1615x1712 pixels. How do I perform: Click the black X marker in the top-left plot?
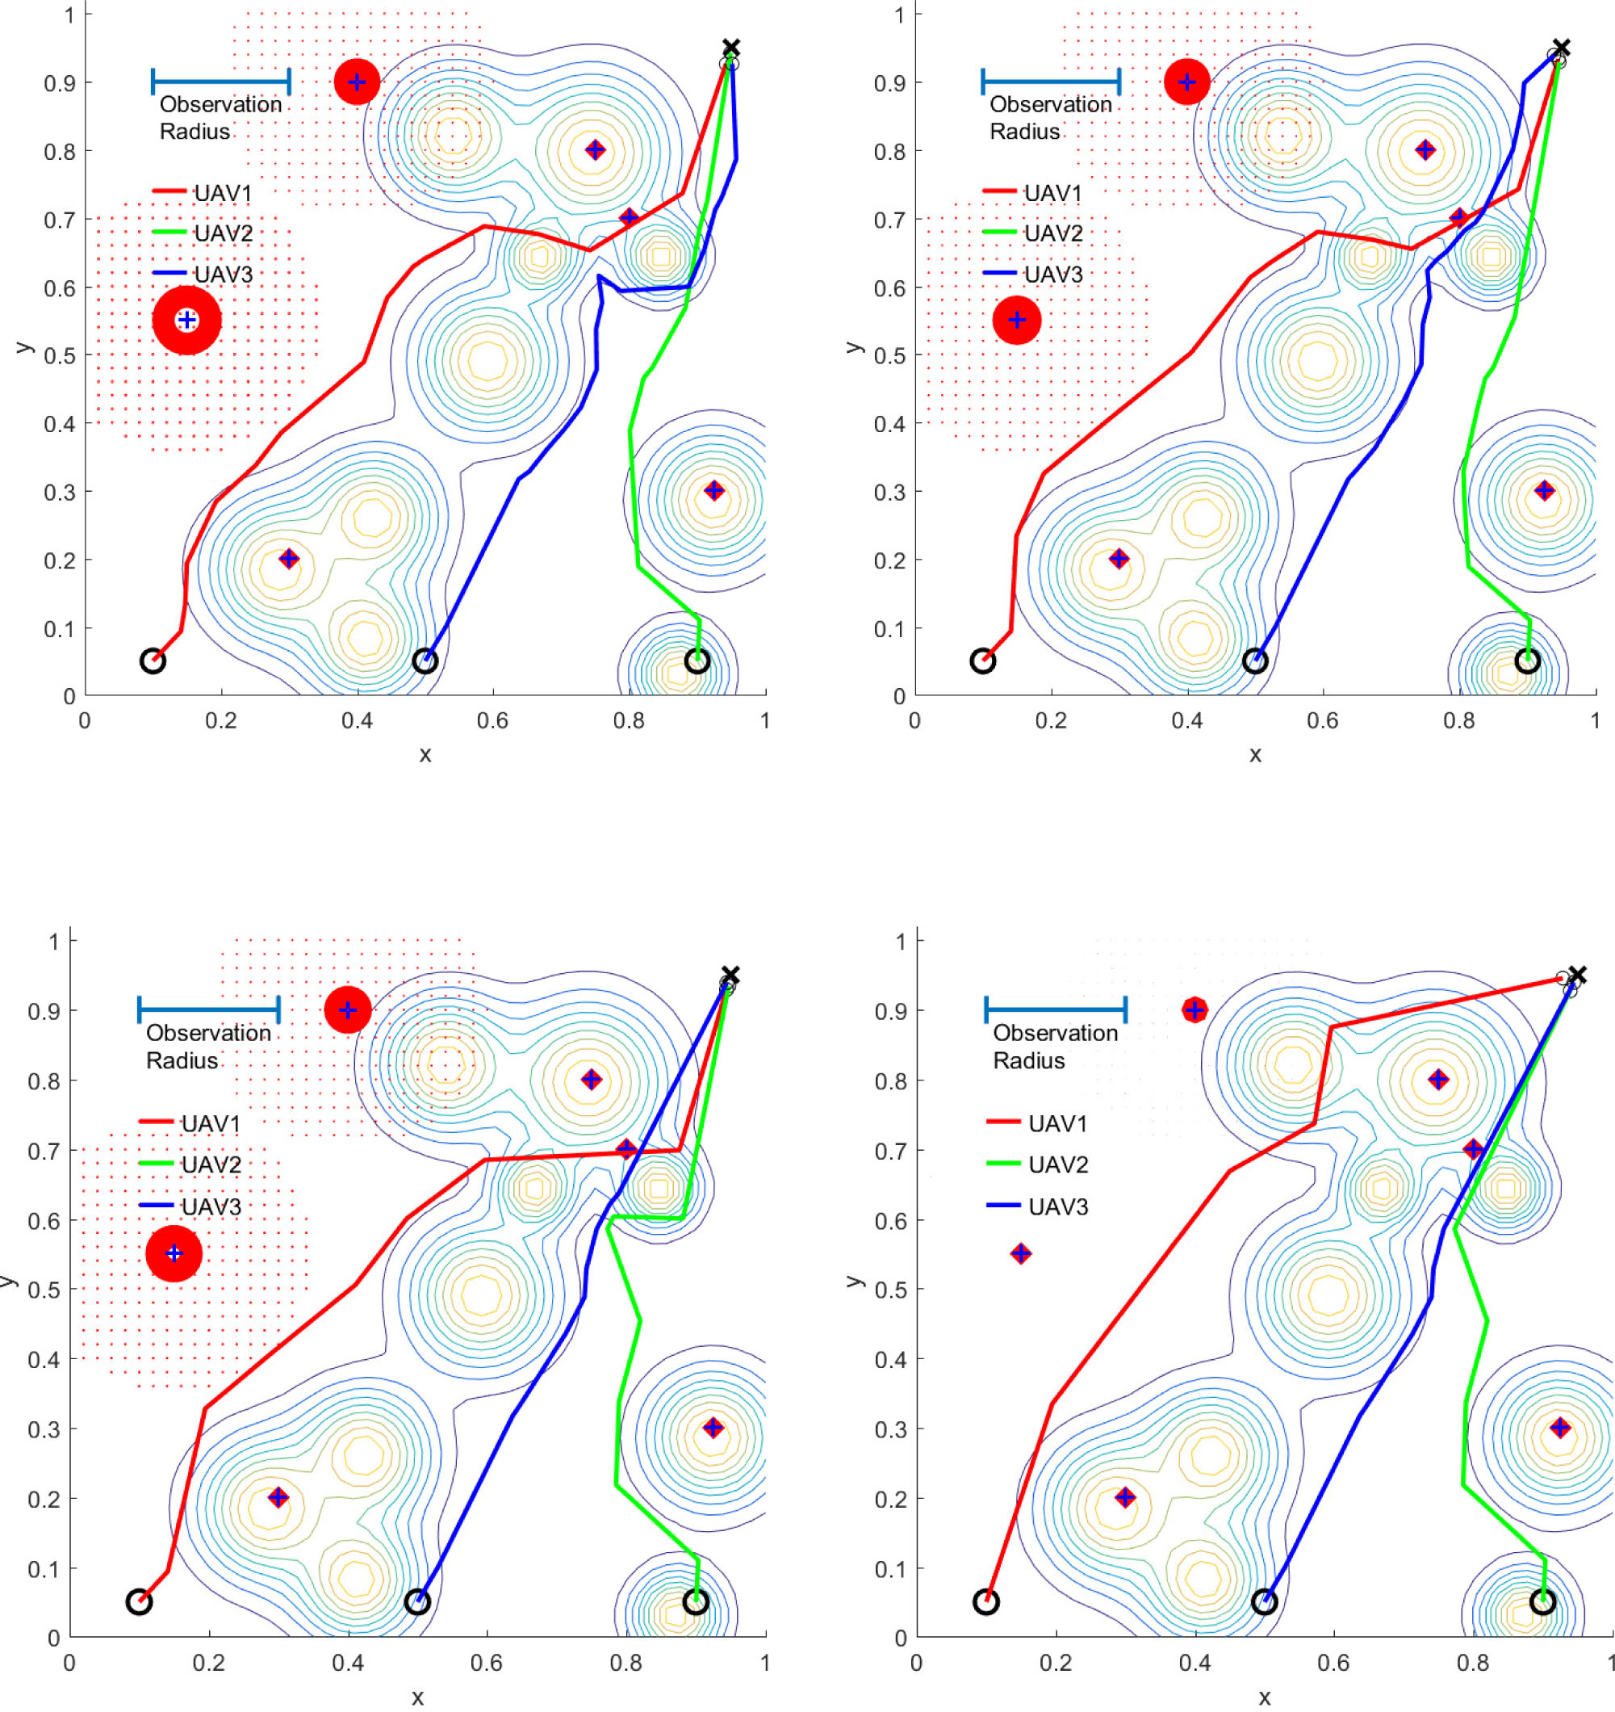pos(731,48)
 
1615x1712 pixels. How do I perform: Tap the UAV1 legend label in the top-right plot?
pos(1052,193)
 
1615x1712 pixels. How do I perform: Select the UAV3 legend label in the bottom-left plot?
pos(211,1206)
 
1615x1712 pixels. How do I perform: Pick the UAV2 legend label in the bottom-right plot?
pos(1058,1164)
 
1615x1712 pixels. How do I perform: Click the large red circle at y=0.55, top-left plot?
pos(186,321)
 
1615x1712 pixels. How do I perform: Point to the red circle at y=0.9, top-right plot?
pos(1187,82)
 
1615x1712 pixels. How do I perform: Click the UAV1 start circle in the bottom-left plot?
pos(140,1602)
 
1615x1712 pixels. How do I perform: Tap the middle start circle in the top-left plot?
pos(425,661)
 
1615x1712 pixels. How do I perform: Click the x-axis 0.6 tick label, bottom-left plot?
pos(487,1662)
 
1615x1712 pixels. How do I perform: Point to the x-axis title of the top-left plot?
pos(425,755)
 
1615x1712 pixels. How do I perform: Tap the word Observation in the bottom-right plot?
pos(1056,1033)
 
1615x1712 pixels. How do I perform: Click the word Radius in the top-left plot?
pos(195,132)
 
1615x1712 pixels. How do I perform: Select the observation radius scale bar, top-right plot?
pos(1050,82)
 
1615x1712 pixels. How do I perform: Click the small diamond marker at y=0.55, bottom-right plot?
pos(1020,1253)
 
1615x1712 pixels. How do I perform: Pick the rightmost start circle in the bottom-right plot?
pos(1543,1602)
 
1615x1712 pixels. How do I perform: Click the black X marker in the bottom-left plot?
pos(730,976)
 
